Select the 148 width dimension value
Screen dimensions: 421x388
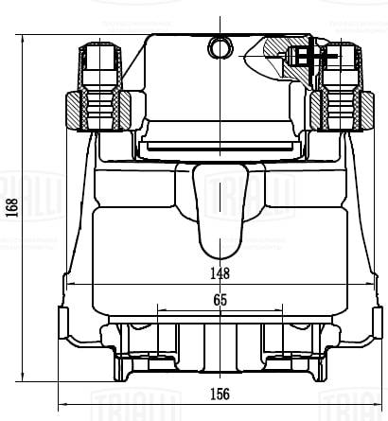tap(220, 274)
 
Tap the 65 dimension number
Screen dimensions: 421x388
tap(220, 299)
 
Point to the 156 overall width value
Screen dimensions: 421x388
tap(220, 395)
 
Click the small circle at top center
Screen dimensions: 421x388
tap(220, 45)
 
